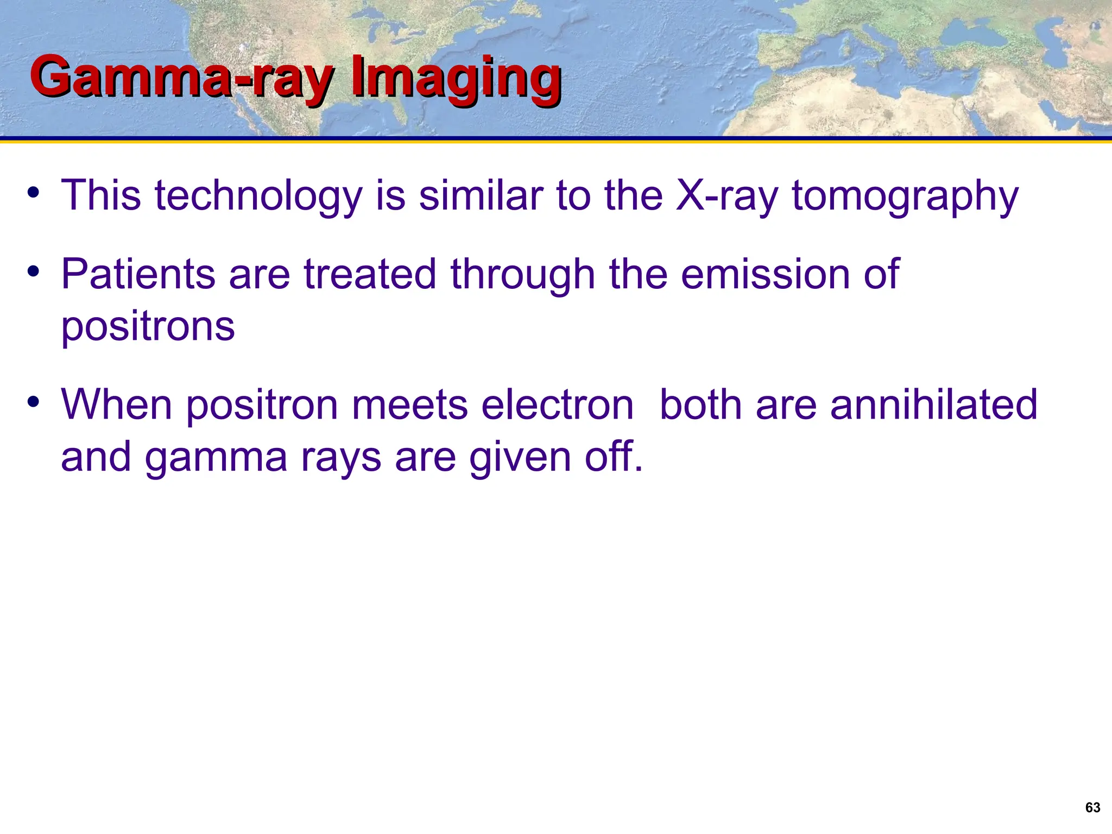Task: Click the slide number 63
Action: [x=1092, y=807]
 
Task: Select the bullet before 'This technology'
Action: [x=34, y=193]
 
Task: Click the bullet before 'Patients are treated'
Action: [x=34, y=271]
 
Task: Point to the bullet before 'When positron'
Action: [x=34, y=402]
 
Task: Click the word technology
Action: [x=258, y=195]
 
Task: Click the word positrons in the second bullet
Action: [x=148, y=327]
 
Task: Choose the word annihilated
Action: [x=933, y=405]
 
